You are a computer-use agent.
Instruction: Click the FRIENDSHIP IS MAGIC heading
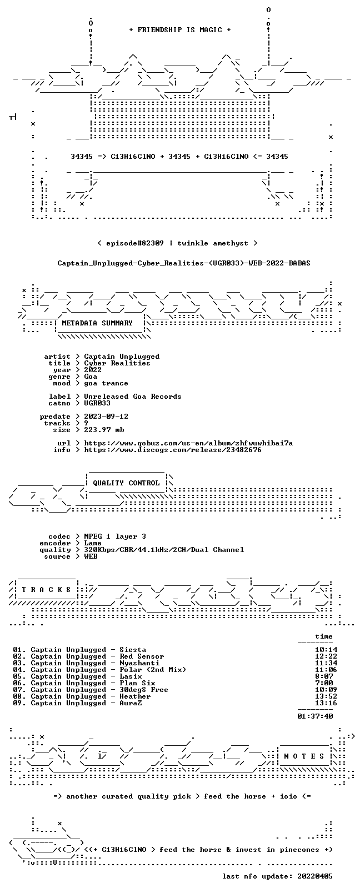pos(180,30)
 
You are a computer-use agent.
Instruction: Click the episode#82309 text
pos(135,243)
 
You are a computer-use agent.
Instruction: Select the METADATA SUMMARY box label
pos(97,323)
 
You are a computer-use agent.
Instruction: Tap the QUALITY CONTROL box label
pos(126,483)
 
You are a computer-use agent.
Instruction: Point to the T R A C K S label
pos(46,590)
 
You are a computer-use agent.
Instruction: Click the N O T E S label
pos(304,756)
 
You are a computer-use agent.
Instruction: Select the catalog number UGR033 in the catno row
pos(97,403)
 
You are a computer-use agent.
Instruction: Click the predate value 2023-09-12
pos(106,417)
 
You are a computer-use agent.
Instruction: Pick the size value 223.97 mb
pos(104,430)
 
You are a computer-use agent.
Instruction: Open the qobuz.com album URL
pos(188,443)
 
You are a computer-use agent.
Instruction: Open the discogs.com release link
pos(173,450)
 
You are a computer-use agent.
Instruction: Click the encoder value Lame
pos(93,543)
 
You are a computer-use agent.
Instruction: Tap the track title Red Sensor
pos(142,656)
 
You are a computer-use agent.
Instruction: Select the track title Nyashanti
pos(139,664)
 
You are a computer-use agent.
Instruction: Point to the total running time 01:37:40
pos(315,716)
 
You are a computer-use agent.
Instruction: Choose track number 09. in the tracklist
pos(19,703)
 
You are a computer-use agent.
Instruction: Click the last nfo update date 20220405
pos(315,876)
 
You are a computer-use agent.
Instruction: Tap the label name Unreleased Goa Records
pos(133,397)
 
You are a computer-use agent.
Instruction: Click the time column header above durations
pos(324,636)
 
